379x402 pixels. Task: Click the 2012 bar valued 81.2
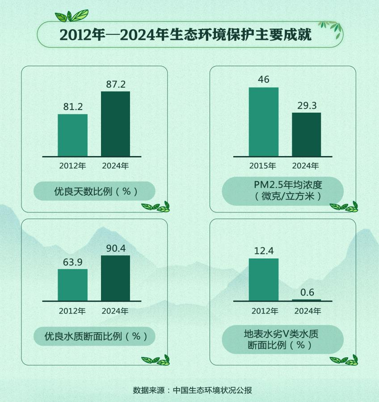click(x=72, y=135)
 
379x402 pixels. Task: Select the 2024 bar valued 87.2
click(x=115, y=124)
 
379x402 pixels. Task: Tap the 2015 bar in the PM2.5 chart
click(x=263, y=122)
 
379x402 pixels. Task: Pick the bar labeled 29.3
click(x=307, y=134)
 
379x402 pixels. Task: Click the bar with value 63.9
click(x=72, y=285)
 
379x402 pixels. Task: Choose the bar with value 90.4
click(x=115, y=278)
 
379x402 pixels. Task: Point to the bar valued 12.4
click(x=263, y=279)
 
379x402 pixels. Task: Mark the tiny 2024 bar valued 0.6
click(x=307, y=300)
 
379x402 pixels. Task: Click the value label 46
click(x=264, y=80)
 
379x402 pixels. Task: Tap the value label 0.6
click(x=307, y=292)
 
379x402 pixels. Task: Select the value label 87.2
click(x=116, y=84)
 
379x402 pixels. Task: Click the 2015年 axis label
click(x=263, y=166)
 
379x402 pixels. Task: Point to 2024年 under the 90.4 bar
click(x=115, y=310)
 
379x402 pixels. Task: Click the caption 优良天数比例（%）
click(x=94, y=191)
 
